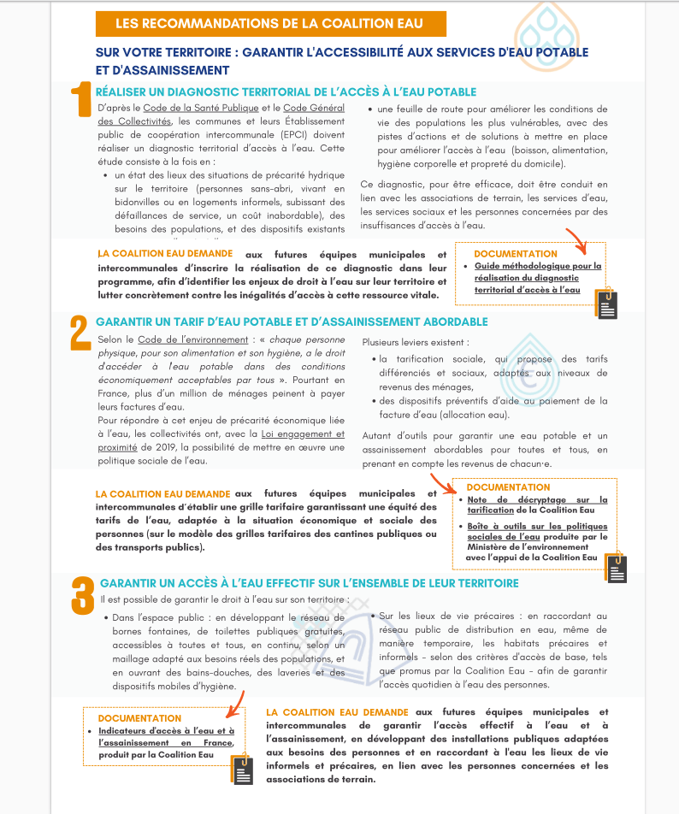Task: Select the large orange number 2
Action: click(x=80, y=332)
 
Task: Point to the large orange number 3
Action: click(x=82, y=595)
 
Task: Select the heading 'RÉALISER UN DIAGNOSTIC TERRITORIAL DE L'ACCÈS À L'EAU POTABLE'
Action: click(x=286, y=92)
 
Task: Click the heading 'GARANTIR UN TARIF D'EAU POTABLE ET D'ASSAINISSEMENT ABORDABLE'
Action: click(x=292, y=321)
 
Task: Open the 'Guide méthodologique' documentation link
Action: click(x=538, y=278)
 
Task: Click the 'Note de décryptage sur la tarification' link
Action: click(x=537, y=504)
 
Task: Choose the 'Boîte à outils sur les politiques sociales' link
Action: click(x=537, y=532)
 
